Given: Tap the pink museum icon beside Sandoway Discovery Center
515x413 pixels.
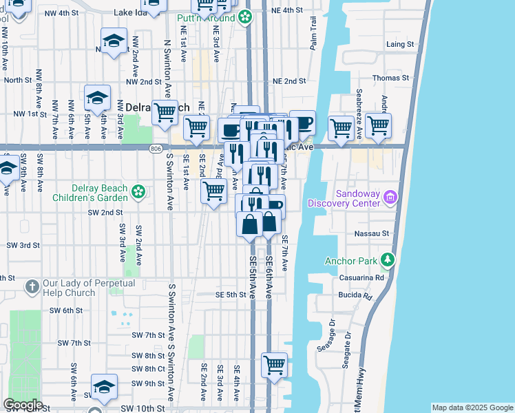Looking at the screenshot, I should pyautogui.click(x=390, y=198).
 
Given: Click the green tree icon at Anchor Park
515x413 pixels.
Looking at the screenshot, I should pyautogui.click(x=388, y=260).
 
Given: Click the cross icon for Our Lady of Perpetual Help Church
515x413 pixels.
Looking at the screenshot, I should pyautogui.click(x=32, y=285).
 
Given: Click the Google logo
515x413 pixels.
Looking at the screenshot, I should pyautogui.click(x=23, y=405).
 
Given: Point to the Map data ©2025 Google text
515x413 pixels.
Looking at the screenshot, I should pyautogui.click(x=472, y=407).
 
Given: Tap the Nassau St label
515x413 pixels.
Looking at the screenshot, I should pyautogui.click(x=372, y=234).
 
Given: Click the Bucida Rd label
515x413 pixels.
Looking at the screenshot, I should pyautogui.click(x=355, y=295).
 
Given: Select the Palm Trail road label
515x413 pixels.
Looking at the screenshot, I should pyautogui.click(x=313, y=34).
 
